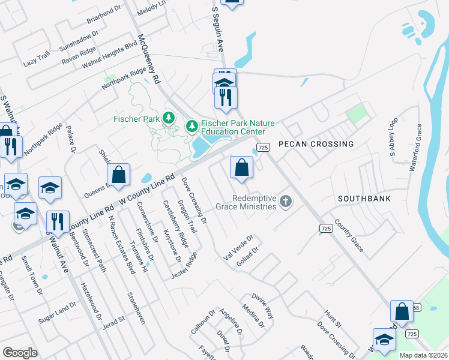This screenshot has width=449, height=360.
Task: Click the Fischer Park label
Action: click(x=136, y=119)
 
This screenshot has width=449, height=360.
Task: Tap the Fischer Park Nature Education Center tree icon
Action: click(x=191, y=126)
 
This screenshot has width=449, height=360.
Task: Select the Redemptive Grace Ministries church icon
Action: click(x=286, y=202)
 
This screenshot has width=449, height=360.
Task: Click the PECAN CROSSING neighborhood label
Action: click(x=316, y=145)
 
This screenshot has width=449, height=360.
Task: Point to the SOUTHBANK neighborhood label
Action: click(x=364, y=198)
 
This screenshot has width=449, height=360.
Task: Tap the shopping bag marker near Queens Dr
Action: click(x=119, y=175)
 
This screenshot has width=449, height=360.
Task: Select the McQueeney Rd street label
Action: click(x=149, y=58)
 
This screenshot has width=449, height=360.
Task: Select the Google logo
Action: click(x=20, y=353)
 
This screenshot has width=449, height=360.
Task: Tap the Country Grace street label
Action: click(x=349, y=235)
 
